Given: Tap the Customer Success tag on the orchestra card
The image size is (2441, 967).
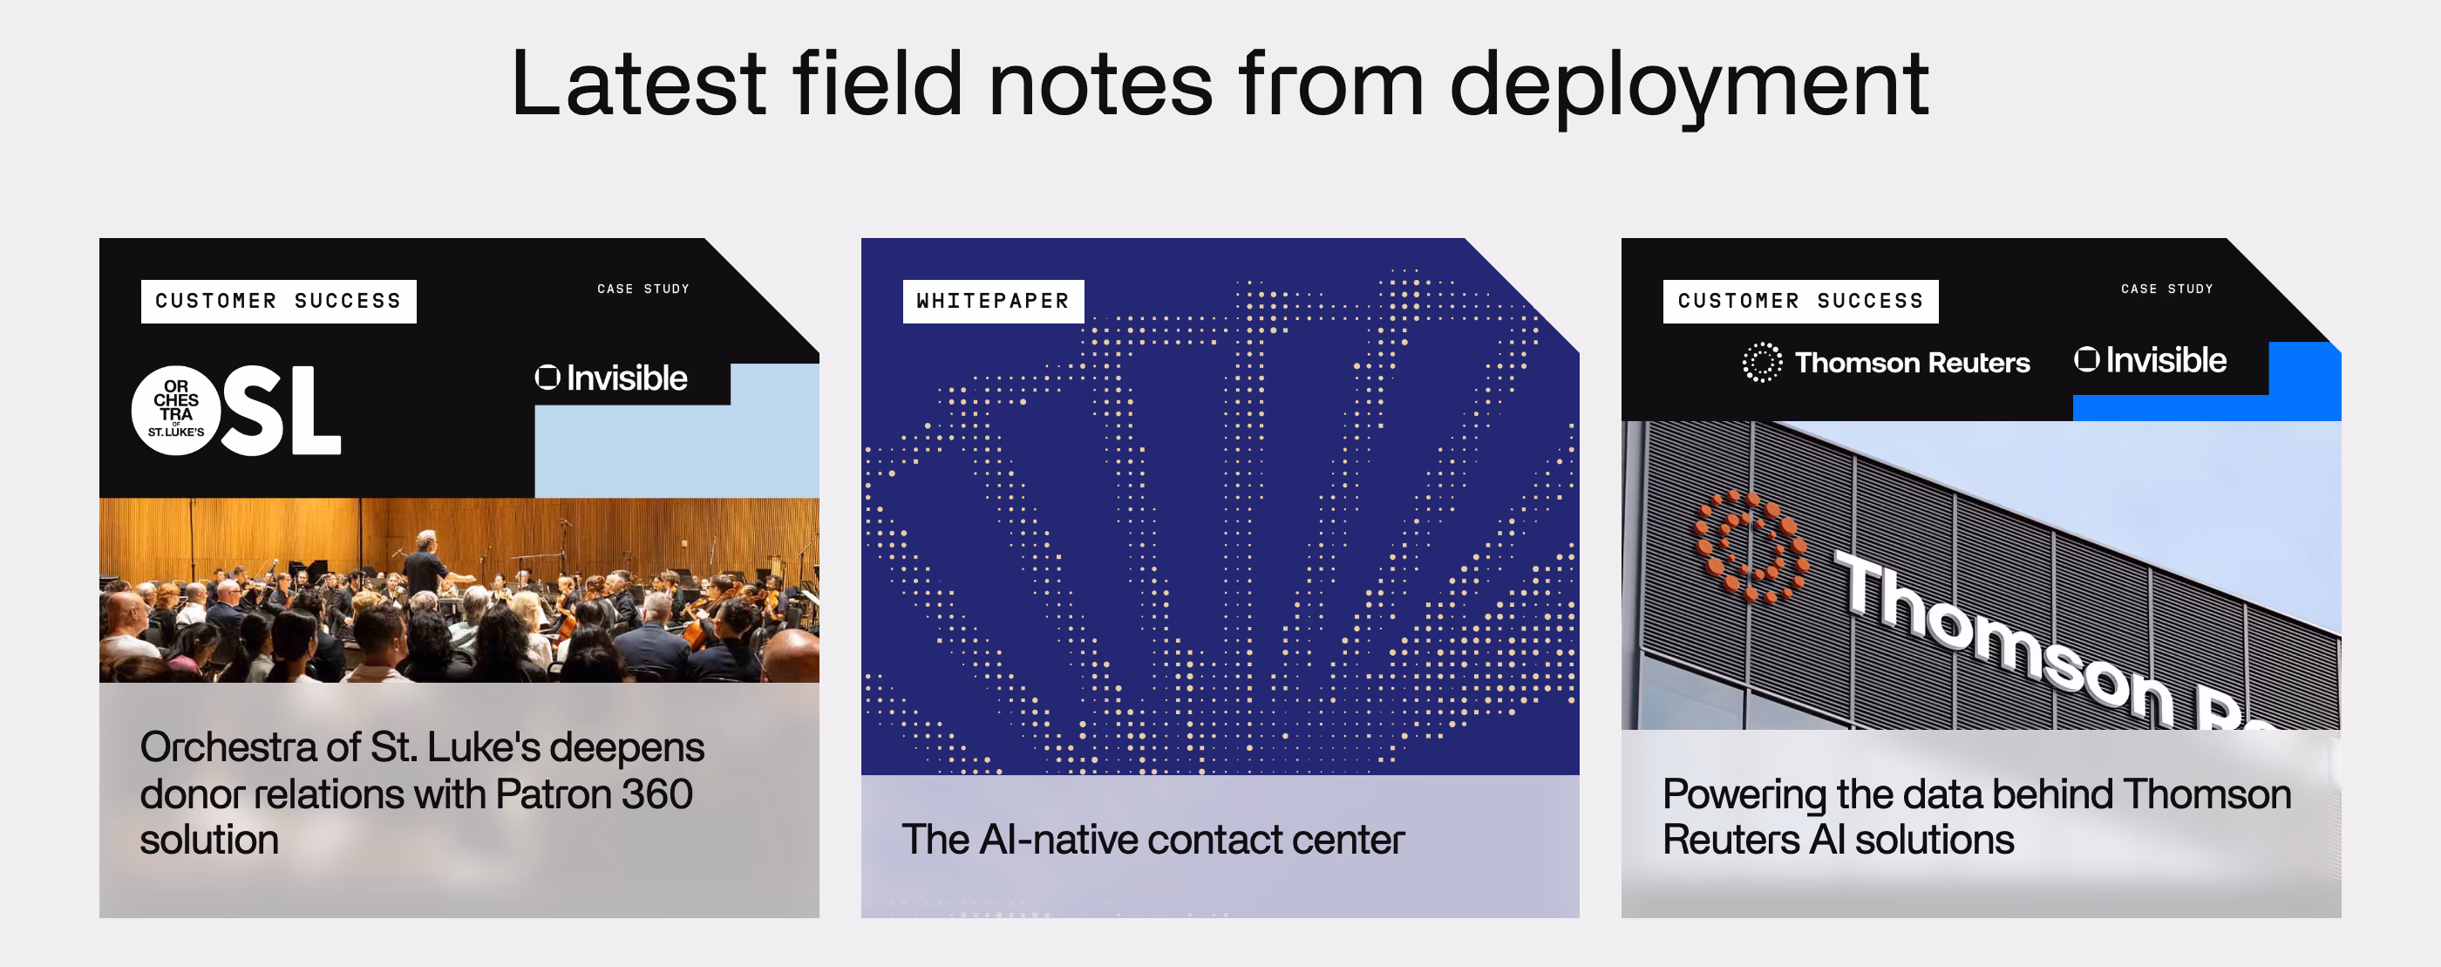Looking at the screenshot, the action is (279, 302).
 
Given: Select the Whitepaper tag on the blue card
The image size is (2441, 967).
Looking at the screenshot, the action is (993, 302).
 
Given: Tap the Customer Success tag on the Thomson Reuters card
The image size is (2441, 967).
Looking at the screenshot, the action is (1800, 302).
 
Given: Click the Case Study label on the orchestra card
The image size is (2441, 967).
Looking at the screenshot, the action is (643, 289).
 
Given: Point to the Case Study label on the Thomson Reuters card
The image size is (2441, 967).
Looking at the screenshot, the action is (2167, 289).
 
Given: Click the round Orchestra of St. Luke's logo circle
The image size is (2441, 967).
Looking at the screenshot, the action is (176, 411).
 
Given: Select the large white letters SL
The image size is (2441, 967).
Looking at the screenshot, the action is (282, 411).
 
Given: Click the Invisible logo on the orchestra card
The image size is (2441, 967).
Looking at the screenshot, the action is (611, 378).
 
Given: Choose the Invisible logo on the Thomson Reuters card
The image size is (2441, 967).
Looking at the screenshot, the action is (2150, 360).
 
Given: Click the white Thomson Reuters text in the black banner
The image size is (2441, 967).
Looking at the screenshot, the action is (1912, 362).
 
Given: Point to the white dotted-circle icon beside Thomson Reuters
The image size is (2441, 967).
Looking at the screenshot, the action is (1762, 362).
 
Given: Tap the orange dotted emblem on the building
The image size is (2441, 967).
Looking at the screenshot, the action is (1751, 546).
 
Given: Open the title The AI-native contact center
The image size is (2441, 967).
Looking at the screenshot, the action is (1153, 840).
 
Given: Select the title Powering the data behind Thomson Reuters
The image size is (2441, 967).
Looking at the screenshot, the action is (1976, 817).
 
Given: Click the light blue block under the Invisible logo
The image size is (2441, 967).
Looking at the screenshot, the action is (677, 446).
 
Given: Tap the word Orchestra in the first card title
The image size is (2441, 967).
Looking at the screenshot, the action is (228, 747).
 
